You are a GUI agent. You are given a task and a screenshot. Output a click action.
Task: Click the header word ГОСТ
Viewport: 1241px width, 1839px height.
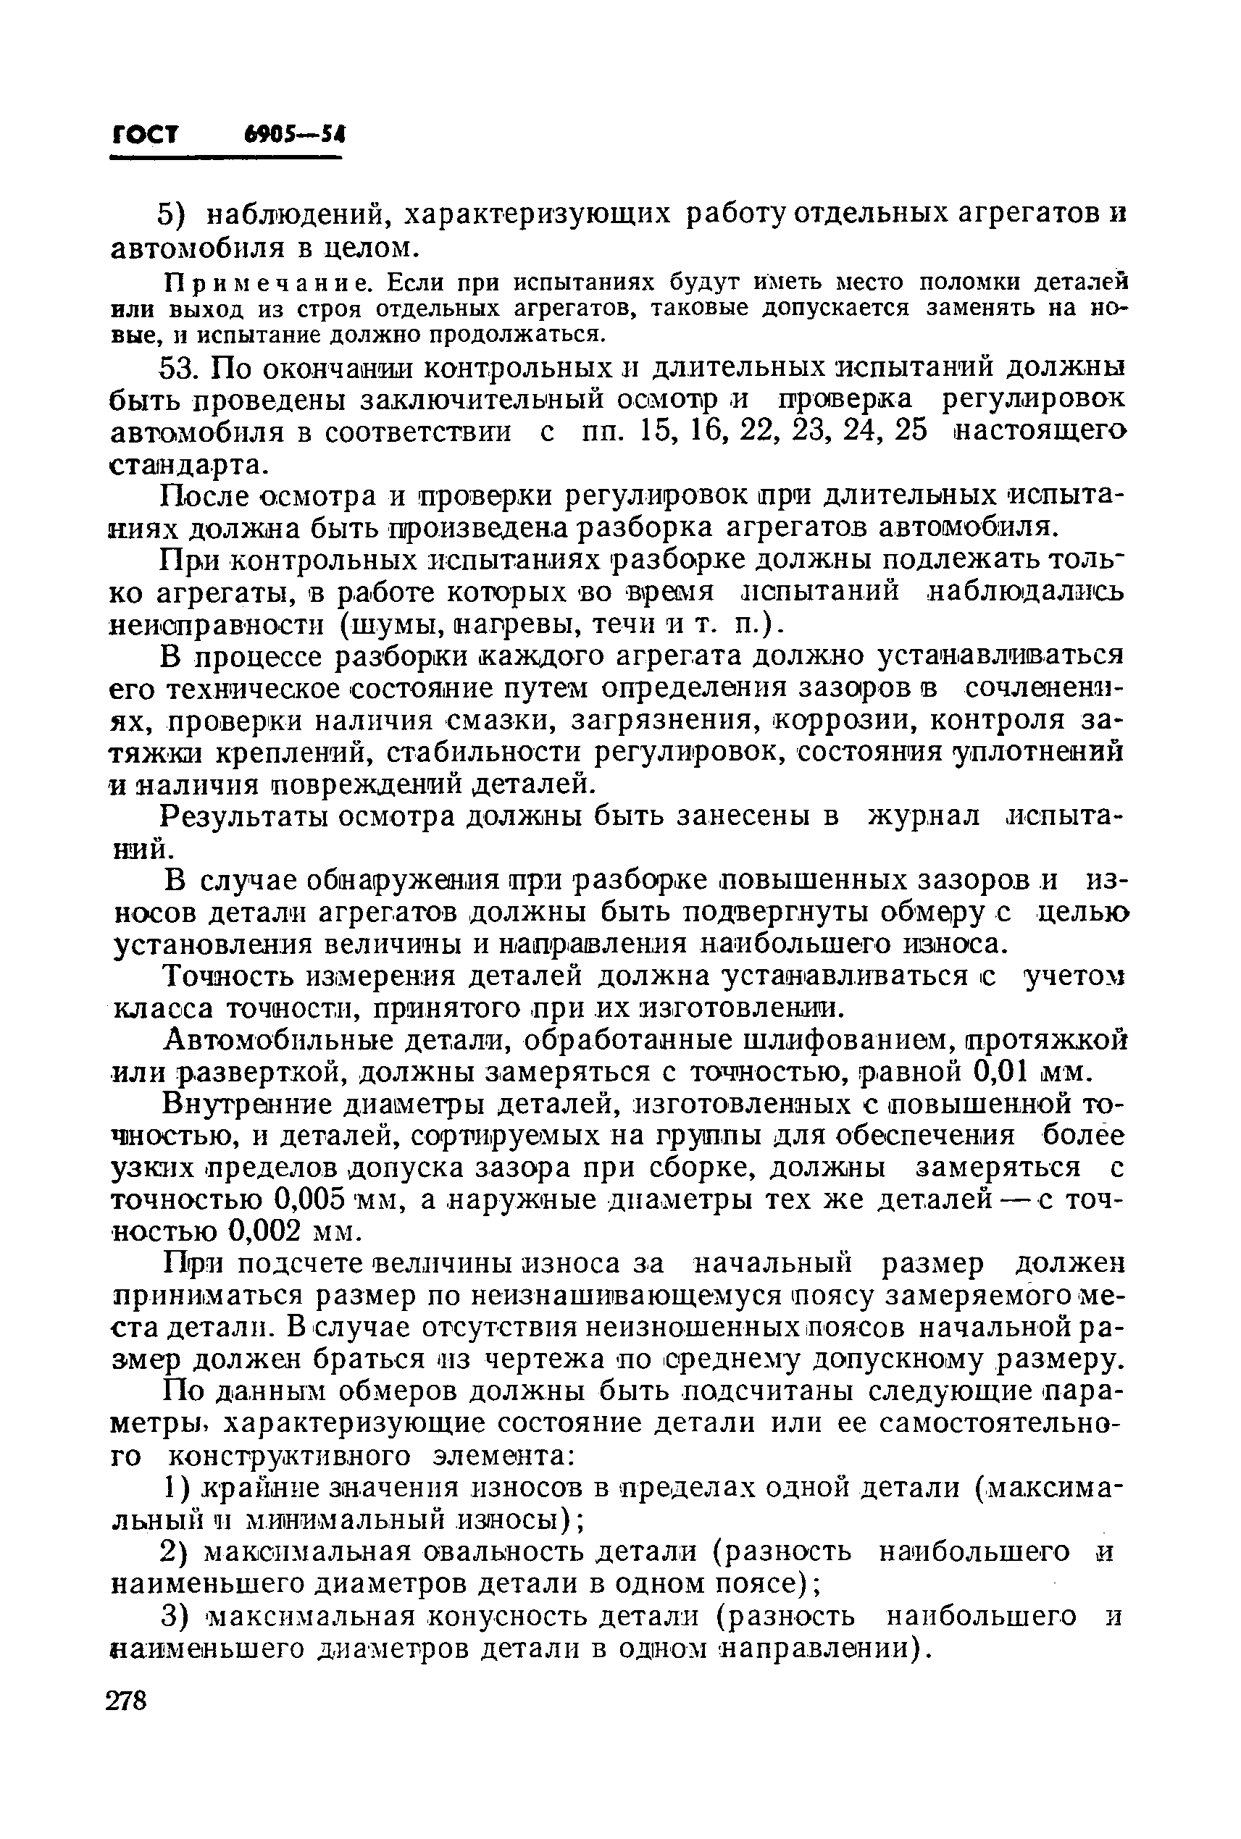click(x=145, y=135)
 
